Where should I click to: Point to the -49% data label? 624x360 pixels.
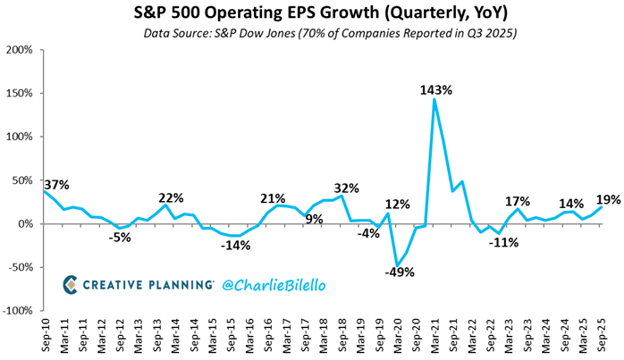(x=399, y=272)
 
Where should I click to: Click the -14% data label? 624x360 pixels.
(x=237, y=245)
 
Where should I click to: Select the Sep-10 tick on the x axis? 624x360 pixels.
(x=43, y=339)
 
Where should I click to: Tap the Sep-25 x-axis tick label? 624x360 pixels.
(x=599, y=339)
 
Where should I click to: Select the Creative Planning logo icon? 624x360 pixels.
(x=71, y=284)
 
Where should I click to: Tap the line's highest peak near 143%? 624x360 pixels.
(x=434, y=99)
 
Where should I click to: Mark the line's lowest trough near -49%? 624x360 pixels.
(x=397, y=265)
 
